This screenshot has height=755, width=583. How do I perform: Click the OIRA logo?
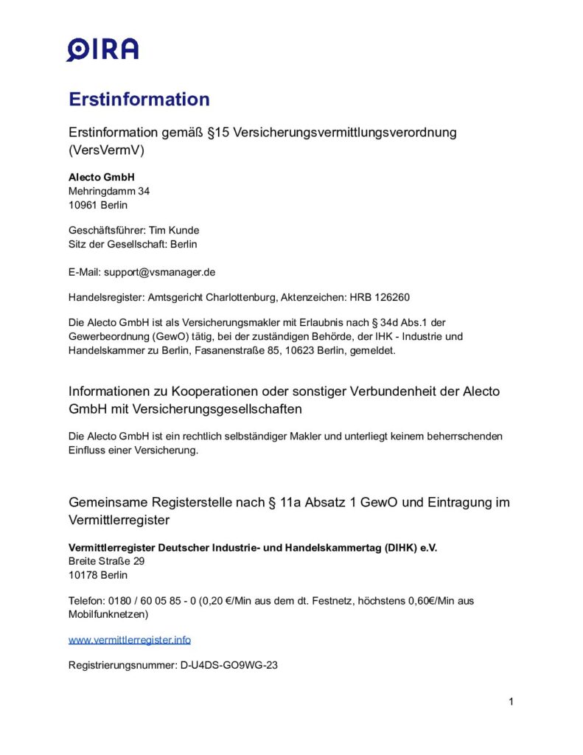(102, 49)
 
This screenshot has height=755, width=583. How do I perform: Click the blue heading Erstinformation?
(139, 99)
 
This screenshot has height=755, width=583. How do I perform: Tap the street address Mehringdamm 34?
(109, 191)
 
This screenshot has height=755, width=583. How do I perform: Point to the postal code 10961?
(83, 205)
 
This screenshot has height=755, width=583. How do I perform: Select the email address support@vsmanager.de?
(159, 271)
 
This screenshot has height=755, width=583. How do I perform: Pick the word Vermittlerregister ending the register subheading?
(119, 520)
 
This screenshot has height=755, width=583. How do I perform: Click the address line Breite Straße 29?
(107, 561)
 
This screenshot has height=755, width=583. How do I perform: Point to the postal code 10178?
(83, 575)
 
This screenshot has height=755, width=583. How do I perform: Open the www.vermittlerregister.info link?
(130, 639)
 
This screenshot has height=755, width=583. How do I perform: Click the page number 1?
(511, 701)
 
